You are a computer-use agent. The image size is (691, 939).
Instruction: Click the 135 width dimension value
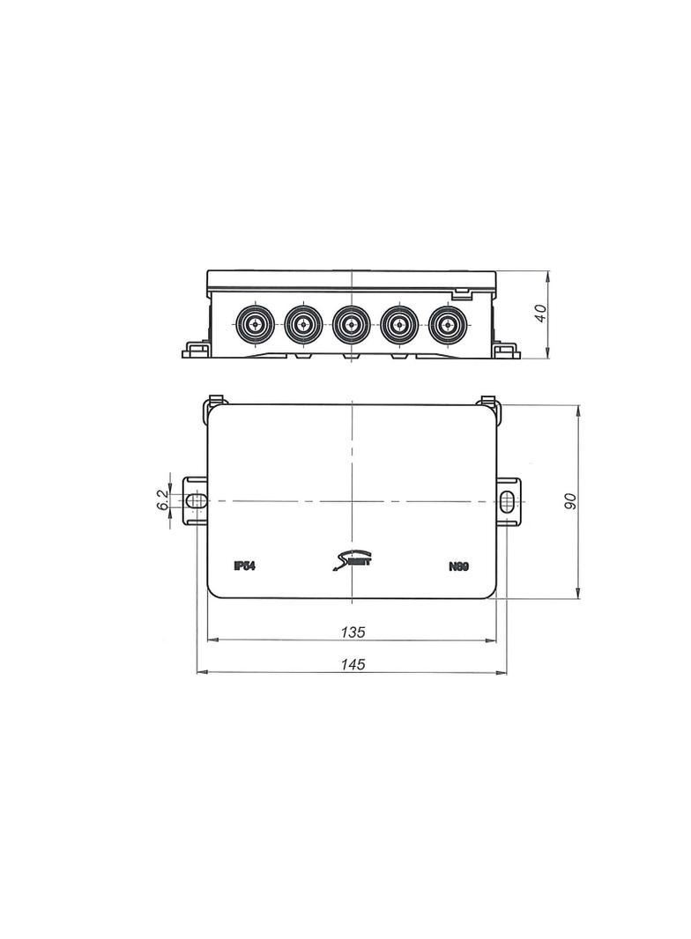coord(353,632)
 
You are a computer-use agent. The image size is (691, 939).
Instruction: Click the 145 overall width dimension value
coord(353,664)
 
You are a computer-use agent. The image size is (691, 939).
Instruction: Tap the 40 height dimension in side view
coord(541,314)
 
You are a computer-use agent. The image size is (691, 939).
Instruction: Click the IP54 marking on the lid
coord(244,566)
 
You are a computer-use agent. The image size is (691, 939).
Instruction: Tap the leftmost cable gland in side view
coord(254,325)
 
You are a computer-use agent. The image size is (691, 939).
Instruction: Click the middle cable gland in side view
coord(351,325)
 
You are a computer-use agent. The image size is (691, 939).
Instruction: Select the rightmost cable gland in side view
coord(447,325)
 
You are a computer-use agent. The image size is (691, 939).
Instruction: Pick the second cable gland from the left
coord(302,325)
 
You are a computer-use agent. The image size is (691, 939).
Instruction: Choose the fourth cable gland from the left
coord(398,325)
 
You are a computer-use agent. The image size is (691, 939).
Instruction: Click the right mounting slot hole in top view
coord(508,501)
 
